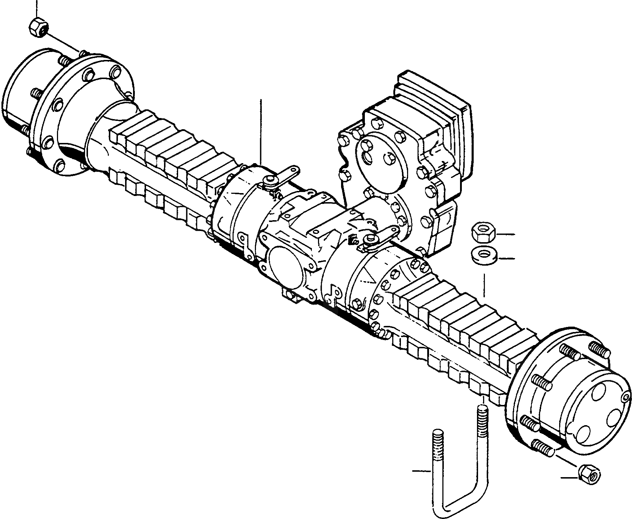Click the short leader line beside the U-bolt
(x=421, y=471)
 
